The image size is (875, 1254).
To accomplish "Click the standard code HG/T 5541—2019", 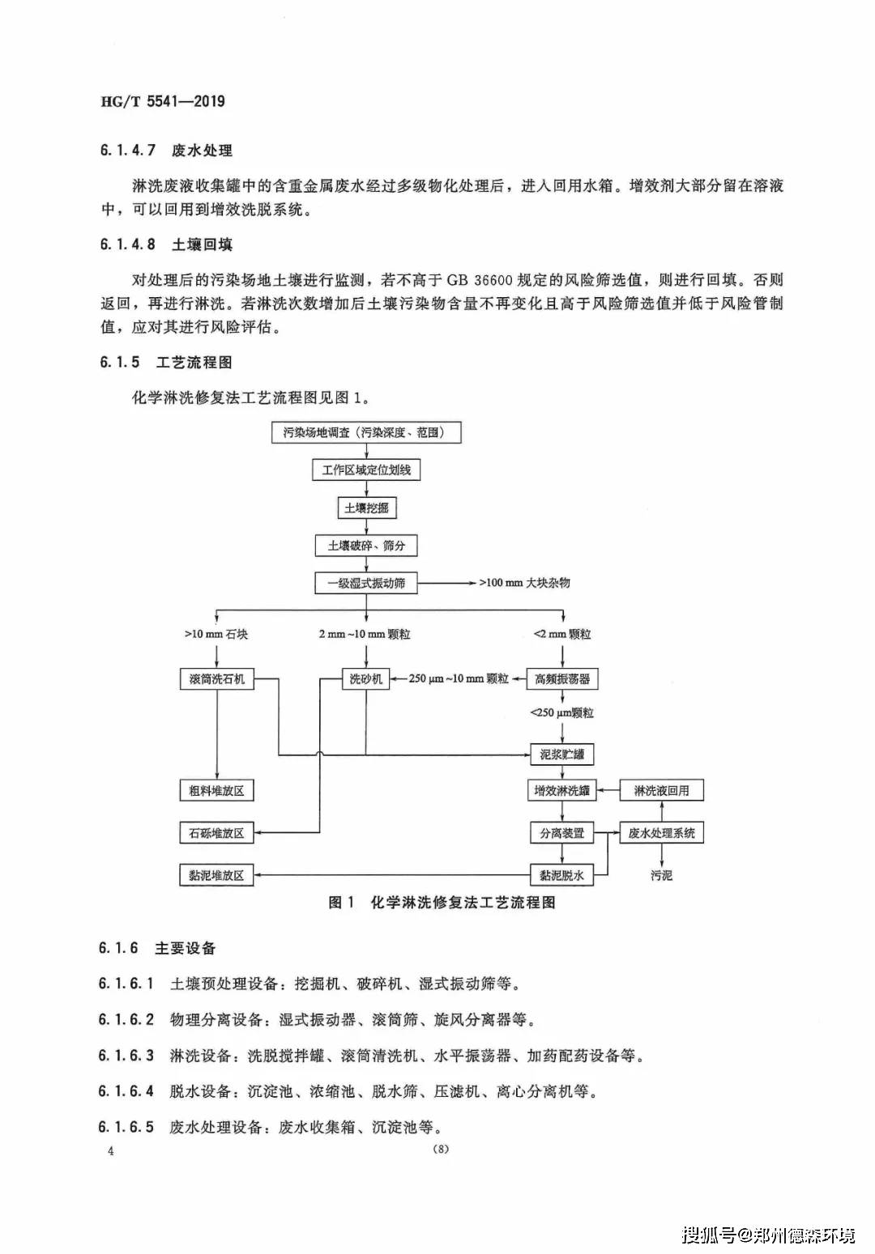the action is [x=163, y=101].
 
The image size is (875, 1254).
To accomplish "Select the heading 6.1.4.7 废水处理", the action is [x=166, y=151].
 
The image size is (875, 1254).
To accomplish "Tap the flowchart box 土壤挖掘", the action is [x=366, y=508].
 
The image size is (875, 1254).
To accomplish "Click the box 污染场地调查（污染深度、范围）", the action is [x=366, y=433].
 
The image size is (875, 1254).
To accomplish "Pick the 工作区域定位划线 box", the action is [x=366, y=470].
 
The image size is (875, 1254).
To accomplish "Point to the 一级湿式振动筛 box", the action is [x=366, y=584].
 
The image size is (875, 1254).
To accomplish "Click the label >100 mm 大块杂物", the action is [x=525, y=583].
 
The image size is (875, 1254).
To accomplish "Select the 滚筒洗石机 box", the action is [x=217, y=679].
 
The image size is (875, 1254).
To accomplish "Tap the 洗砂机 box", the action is [x=365, y=679].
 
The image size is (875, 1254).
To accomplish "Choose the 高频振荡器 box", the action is [x=562, y=679].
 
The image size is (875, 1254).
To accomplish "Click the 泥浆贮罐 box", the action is [x=561, y=755].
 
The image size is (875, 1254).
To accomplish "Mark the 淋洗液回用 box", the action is [x=662, y=791].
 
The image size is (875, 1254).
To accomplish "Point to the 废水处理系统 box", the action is [x=662, y=833].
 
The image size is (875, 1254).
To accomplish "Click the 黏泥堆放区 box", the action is [x=217, y=875].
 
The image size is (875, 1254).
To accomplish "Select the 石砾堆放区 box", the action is [x=217, y=833].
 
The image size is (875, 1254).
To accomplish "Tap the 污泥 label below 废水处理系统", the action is [x=662, y=875].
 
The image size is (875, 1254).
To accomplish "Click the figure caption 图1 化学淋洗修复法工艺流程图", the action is [x=442, y=903].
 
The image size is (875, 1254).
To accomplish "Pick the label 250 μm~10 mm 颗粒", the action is [x=459, y=679].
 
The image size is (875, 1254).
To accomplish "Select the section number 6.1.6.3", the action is [x=126, y=1056].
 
